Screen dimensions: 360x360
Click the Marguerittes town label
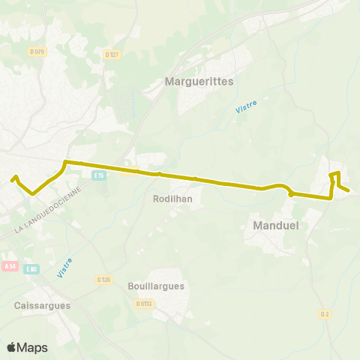click(199, 81)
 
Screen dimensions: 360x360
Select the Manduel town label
click(277, 225)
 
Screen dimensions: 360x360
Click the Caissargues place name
click(42, 305)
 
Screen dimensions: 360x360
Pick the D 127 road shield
click(113, 54)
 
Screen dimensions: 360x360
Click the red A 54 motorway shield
click(10, 265)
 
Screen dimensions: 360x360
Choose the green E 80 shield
click(32, 268)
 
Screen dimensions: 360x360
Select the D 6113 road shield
click(144, 303)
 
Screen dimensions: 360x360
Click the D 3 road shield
click(325, 313)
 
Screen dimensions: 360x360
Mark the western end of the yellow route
click(13, 178)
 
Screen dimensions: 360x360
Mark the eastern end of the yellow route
click(349, 190)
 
